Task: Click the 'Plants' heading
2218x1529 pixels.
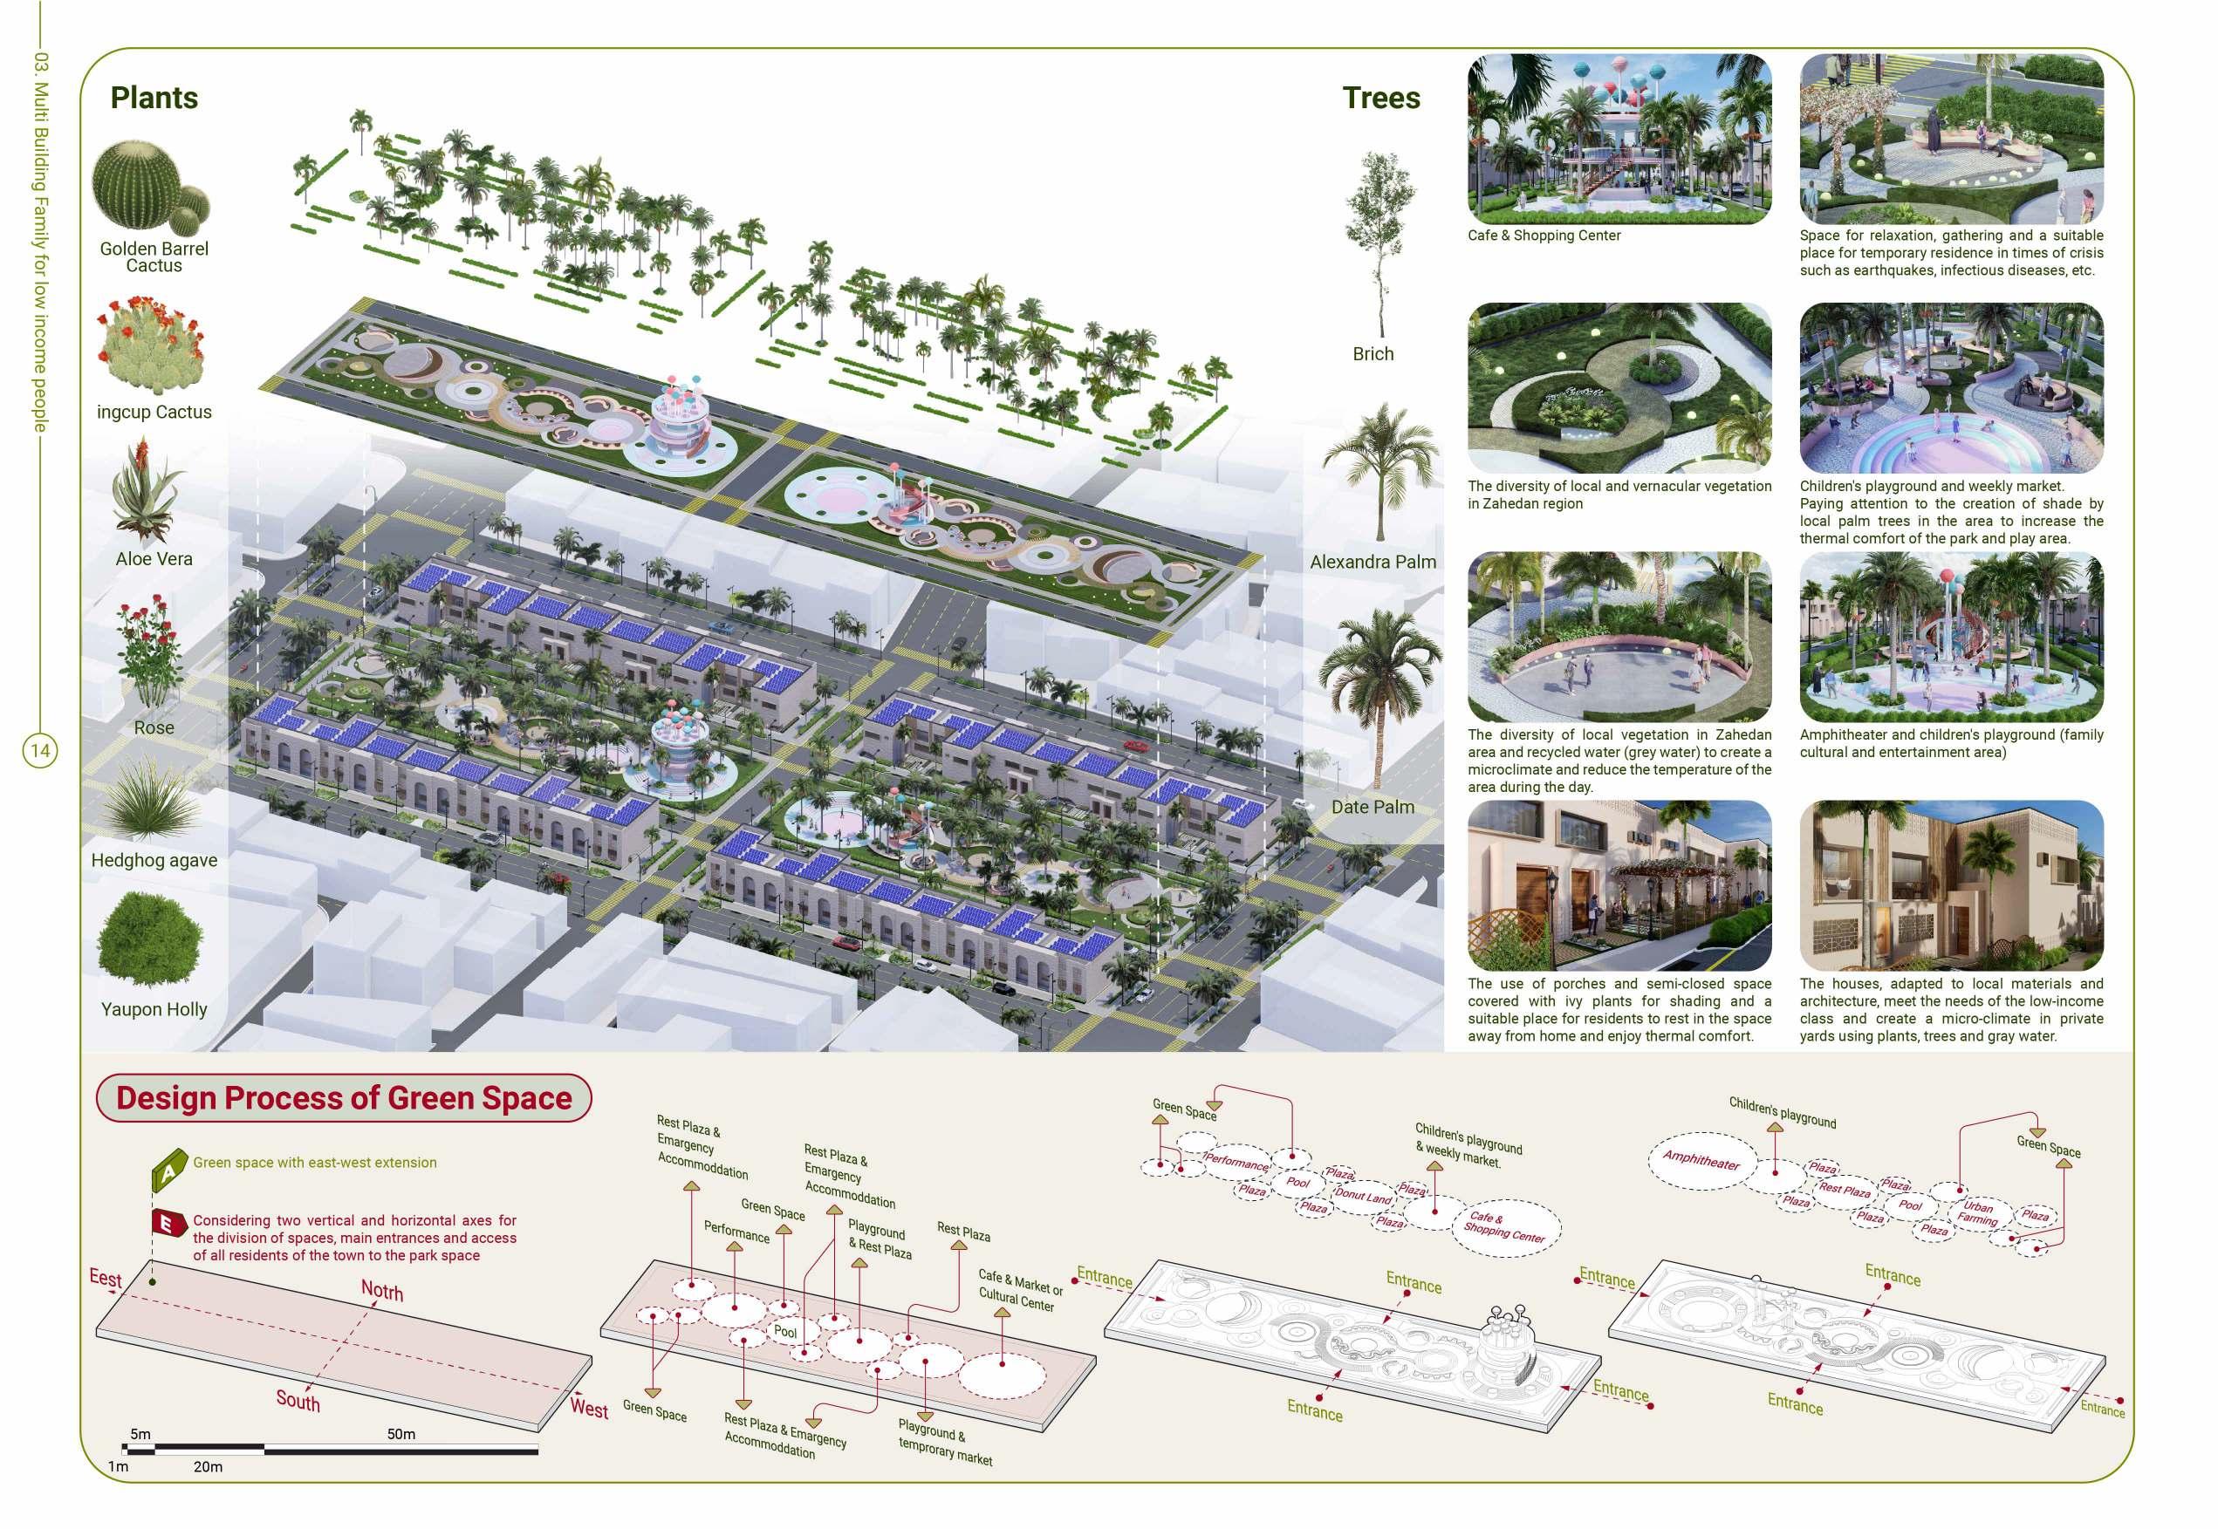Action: (x=154, y=98)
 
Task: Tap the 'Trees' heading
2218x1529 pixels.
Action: (x=1380, y=98)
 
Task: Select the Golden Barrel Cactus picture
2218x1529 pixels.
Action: (x=148, y=184)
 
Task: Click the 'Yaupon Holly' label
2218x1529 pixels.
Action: (x=154, y=1009)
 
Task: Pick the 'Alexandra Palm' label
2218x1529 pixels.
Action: (x=1373, y=563)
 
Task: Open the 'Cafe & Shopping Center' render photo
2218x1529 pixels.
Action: (x=1619, y=140)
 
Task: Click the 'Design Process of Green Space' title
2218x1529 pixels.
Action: (x=344, y=1098)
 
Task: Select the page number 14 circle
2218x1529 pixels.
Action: (x=40, y=750)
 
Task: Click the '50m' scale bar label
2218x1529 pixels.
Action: (x=401, y=1434)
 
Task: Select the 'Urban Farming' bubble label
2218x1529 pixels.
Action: (x=1977, y=1213)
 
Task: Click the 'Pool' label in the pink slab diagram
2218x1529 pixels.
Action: (x=784, y=1332)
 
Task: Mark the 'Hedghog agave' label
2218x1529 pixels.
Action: (x=154, y=860)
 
